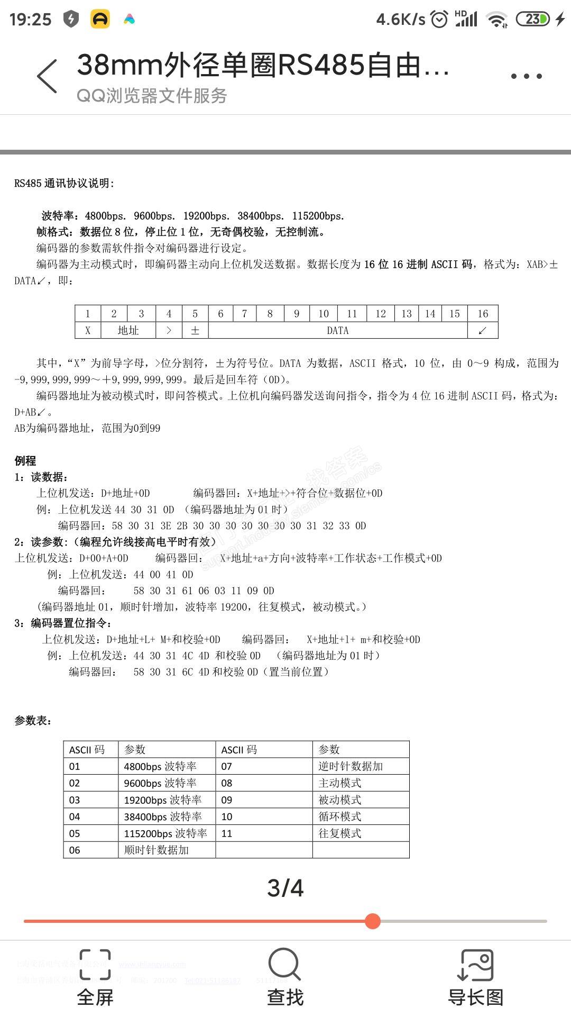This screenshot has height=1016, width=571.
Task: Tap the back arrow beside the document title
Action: click(x=47, y=76)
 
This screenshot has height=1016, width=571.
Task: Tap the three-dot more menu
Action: click(x=526, y=76)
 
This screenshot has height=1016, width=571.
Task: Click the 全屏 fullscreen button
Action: click(x=95, y=977)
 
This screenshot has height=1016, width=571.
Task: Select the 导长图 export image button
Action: click(x=475, y=977)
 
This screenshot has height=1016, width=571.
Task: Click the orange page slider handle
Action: click(x=373, y=921)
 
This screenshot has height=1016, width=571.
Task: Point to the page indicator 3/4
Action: click(x=285, y=888)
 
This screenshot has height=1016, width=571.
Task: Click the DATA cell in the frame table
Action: click(x=338, y=331)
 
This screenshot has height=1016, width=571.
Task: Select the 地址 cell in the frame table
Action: click(x=128, y=331)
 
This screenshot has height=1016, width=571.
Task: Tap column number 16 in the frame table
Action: click(x=483, y=314)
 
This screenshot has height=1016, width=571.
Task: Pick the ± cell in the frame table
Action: click(x=195, y=331)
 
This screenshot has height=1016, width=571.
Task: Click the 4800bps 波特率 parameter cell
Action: click(x=160, y=766)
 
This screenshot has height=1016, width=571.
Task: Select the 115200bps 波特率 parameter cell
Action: click(x=165, y=833)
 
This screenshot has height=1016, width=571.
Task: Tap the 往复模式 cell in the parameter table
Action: click(x=340, y=833)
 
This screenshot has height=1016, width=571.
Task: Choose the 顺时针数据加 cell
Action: click(x=156, y=850)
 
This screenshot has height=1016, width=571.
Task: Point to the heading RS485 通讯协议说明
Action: click(x=64, y=184)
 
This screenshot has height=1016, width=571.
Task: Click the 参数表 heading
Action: click(x=33, y=721)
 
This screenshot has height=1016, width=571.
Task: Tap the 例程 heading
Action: click(x=25, y=460)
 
